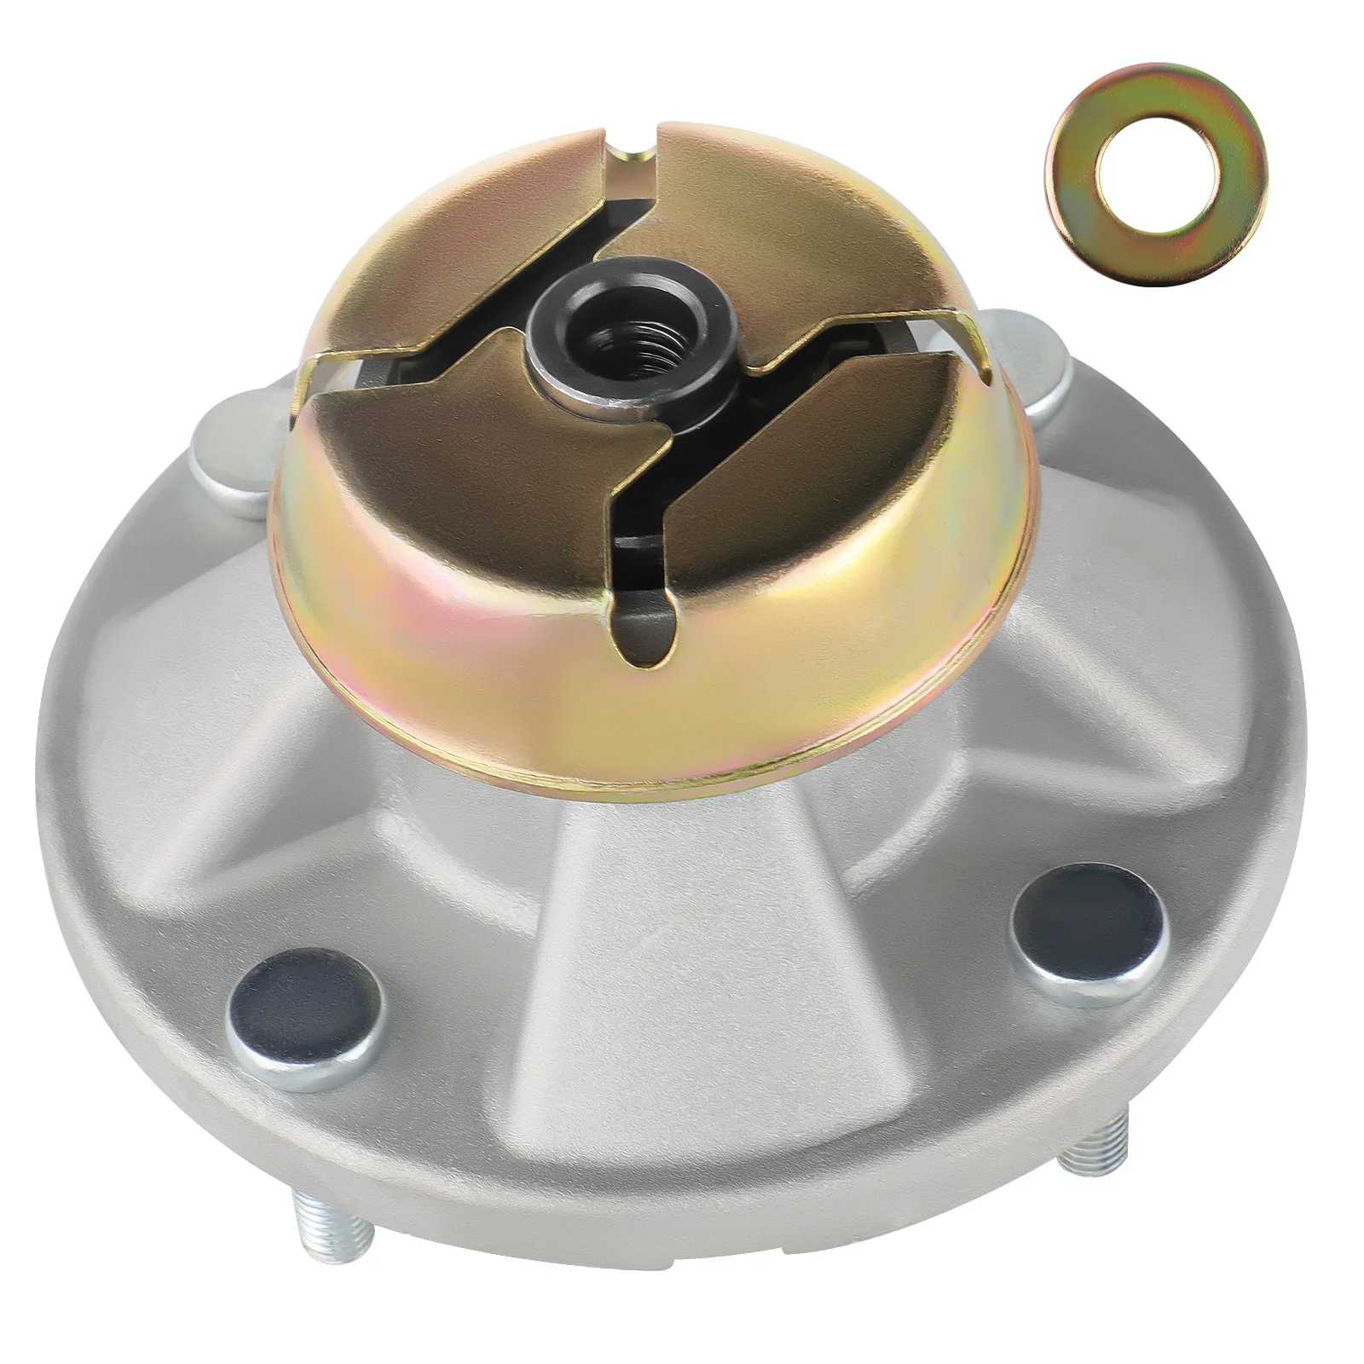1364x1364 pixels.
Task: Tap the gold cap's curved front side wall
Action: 529,682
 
